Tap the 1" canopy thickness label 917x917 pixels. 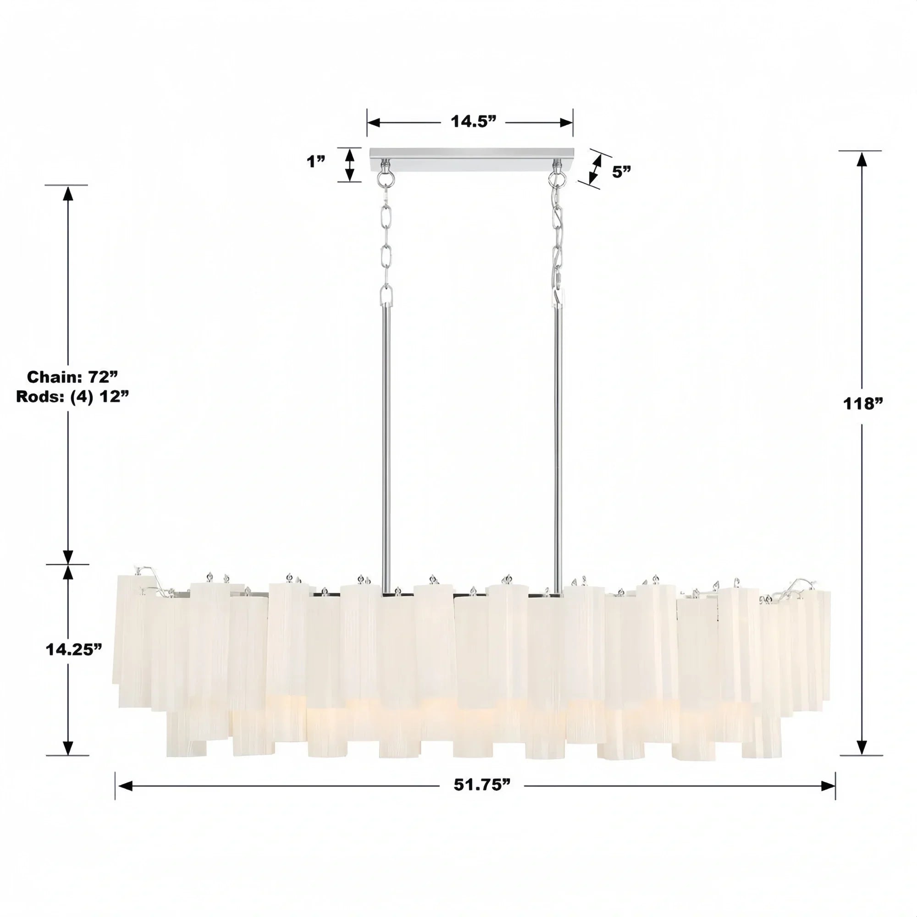coord(315,161)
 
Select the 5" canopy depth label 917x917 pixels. coord(621,171)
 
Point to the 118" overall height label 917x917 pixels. coord(862,403)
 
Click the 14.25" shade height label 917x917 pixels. coord(73,649)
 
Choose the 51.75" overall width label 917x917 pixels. coord(482,785)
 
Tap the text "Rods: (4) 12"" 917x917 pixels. coord(72,396)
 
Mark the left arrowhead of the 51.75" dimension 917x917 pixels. coord(124,786)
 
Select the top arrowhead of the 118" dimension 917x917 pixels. coord(862,160)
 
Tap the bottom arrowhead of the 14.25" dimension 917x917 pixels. coord(68,748)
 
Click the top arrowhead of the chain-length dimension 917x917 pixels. coord(68,194)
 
